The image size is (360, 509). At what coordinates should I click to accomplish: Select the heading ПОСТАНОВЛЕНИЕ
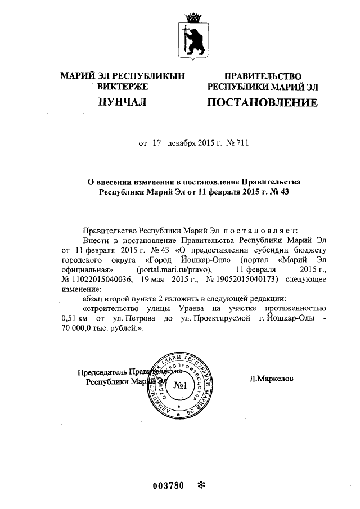[263, 103]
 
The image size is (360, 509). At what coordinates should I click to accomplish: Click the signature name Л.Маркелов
[271, 379]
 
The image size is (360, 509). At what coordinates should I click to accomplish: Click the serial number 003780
[169, 485]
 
